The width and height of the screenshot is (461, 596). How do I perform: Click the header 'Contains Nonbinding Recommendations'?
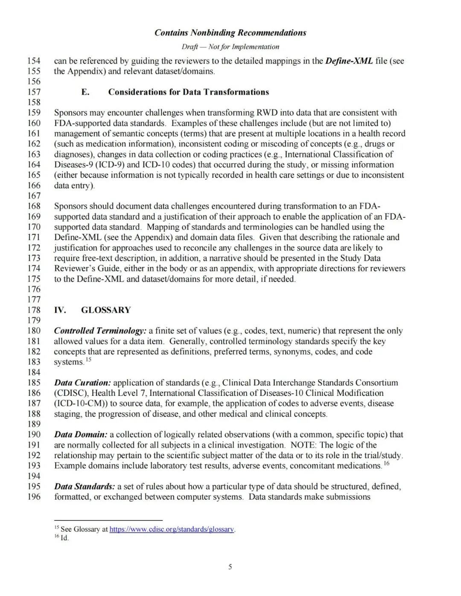pyautogui.click(x=230, y=33)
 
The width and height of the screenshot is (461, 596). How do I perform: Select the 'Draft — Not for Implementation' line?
pyautogui.click(x=230, y=47)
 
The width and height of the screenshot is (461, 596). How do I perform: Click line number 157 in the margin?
pyautogui.click(x=34, y=92)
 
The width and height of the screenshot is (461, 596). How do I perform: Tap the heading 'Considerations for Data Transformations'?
pyautogui.click(x=188, y=92)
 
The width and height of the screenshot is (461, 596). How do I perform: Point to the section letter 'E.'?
pyautogui.click(x=85, y=92)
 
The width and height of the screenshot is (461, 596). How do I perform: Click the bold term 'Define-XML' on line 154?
pyautogui.click(x=349, y=61)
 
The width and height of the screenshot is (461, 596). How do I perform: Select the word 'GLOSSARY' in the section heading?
pyautogui.click(x=106, y=310)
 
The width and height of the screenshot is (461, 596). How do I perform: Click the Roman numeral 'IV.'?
pyautogui.click(x=60, y=310)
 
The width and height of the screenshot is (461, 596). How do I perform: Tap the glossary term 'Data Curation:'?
pyautogui.click(x=82, y=383)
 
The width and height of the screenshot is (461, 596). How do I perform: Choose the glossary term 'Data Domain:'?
pyautogui.click(x=81, y=435)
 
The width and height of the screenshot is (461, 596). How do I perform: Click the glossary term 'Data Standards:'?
pyautogui.click(x=85, y=487)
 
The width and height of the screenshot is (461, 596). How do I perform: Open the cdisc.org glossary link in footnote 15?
pyautogui.click(x=172, y=529)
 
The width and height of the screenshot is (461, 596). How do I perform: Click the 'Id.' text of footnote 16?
pyautogui.click(x=64, y=538)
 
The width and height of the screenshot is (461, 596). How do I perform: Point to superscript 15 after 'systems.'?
pyautogui.click(x=88, y=360)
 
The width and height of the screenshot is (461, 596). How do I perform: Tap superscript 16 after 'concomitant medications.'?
pyautogui.click(x=387, y=463)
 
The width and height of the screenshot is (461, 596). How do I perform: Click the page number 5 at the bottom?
pyautogui.click(x=230, y=567)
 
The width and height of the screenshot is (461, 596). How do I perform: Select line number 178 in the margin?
pyautogui.click(x=34, y=310)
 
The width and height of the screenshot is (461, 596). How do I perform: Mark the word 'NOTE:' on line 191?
pyautogui.click(x=303, y=445)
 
